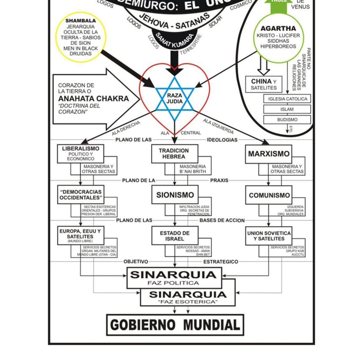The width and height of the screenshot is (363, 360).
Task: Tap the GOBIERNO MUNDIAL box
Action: tap(175, 325)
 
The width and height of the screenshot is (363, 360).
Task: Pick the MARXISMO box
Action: tap(269, 154)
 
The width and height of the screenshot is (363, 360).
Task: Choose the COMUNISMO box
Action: tap(269, 195)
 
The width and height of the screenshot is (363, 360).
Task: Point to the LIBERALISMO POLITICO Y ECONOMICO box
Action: tap(81, 154)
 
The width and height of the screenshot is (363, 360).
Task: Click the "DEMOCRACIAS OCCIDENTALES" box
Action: tap(81, 194)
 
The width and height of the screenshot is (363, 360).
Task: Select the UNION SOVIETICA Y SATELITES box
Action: tap(269, 236)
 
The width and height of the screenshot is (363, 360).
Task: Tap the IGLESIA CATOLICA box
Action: tap(287, 99)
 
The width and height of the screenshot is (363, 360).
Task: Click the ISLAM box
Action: tap(287, 109)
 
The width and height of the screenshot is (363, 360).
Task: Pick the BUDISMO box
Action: tap(287, 120)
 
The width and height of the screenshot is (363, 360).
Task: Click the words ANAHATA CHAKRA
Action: tap(93, 99)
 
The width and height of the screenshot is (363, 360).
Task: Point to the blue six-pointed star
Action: tap(174, 98)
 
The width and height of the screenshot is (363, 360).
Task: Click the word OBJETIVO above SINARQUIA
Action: tap(136, 262)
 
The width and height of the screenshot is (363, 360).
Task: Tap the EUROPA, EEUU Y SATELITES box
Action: tap(81, 235)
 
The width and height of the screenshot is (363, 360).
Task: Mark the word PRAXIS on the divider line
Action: tap(219, 180)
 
